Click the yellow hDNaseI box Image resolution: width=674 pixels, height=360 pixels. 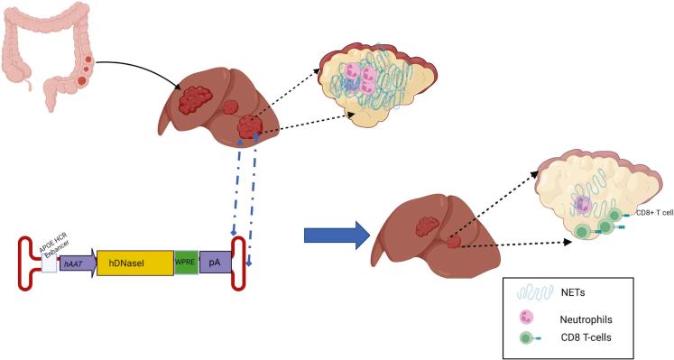[x=134, y=262]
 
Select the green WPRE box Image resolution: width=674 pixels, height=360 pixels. [x=186, y=262]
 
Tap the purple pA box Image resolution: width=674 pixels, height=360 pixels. [x=215, y=262]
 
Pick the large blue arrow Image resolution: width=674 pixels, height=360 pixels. [x=334, y=235]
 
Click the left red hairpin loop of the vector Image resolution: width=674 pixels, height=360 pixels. [x=27, y=262]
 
